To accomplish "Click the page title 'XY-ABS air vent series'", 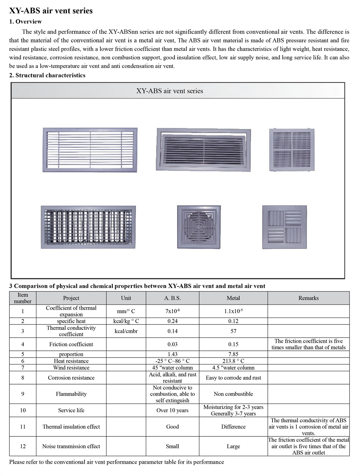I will [x=51, y=11].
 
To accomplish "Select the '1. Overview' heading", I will [x=25, y=22].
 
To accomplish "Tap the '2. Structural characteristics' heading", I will [x=47, y=75].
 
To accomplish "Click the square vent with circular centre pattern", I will [x=199, y=227].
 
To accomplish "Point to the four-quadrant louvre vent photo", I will [x=284, y=227].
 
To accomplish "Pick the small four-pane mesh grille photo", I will [x=292, y=149].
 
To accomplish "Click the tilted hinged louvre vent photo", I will [x=203, y=149].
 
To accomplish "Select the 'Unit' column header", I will [x=126, y=298].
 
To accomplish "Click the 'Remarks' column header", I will [x=308, y=298].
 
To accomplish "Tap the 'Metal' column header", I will [x=233, y=298].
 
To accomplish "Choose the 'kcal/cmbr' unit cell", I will [x=126, y=331].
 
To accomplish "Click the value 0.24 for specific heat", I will [x=172, y=321].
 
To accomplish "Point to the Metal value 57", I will [x=233, y=331].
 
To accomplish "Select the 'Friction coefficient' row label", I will [x=71, y=344].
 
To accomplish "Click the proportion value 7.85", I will [x=233, y=354].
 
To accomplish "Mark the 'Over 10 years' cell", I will [x=172, y=410].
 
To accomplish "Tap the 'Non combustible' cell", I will [x=233, y=394].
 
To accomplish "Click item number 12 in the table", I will [x=23, y=446].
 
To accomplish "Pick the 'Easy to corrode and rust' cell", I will [x=233, y=378].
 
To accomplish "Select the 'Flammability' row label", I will [x=71, y=394].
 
